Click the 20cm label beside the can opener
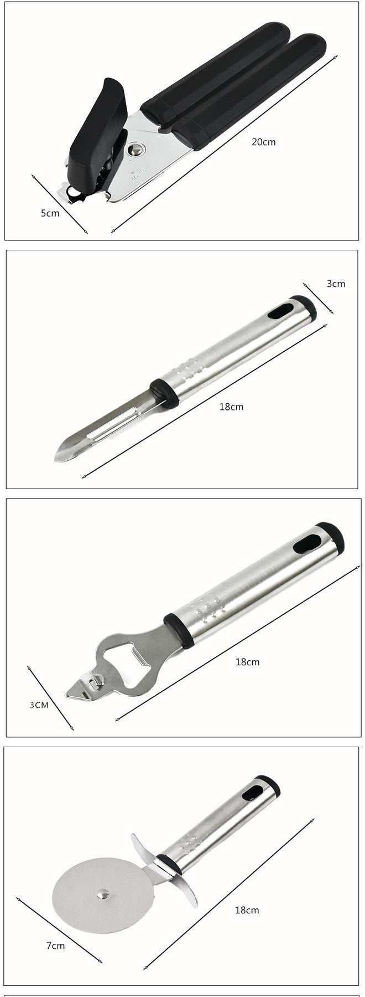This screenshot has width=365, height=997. point(263,142)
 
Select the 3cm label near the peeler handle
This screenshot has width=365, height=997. point(336,284)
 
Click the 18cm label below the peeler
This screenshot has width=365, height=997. point(231,407)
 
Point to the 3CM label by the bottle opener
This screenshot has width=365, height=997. point(39,705)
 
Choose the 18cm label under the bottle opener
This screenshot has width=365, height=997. point(247,662)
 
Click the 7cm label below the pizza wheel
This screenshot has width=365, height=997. point(55,945)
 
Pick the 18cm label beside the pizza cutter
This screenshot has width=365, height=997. point(247,910)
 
